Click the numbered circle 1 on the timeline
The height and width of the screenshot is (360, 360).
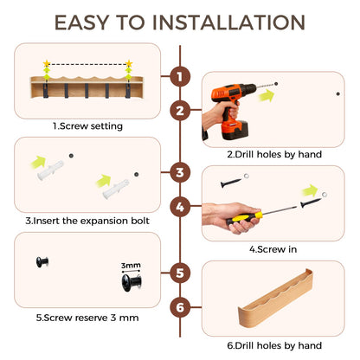pos(180,77)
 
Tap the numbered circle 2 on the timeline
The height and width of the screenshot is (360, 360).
pos(180,111)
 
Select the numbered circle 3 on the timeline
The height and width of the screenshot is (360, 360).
pos(180,172)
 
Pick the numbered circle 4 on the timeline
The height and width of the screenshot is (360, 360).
pos(180,207)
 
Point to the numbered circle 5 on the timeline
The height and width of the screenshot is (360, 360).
pos(180,273)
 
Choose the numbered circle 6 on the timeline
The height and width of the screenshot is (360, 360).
pos(180,307)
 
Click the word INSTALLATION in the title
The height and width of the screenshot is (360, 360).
pos(228,22)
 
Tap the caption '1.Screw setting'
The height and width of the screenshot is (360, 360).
pos(87,126)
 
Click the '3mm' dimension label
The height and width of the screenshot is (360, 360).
pos(131,266)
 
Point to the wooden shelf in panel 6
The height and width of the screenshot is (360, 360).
pos(275,299)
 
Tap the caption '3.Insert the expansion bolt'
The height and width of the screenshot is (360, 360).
pos(87,221)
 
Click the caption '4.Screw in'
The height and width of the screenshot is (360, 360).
pos(273,249)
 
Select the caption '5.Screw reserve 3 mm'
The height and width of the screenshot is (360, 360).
pos(87,318)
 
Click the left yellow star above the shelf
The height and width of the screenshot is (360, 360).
pos(47,63)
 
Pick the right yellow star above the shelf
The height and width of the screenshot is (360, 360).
pos(129,63)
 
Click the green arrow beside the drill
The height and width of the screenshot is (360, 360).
pos(267,95)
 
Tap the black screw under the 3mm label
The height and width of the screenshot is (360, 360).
pos(132,283)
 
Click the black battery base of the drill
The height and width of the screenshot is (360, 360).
pos(235,131)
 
